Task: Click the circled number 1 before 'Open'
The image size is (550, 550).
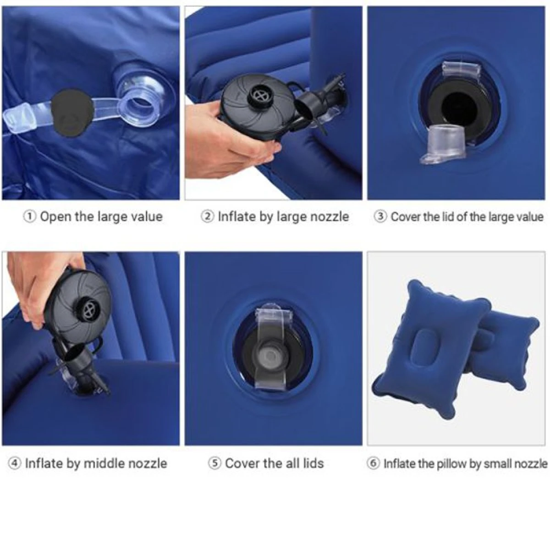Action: point(30,217)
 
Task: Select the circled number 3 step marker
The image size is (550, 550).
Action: point(380,217)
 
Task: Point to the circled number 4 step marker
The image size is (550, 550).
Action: point(14,463)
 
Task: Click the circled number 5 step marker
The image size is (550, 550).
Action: point(214,463)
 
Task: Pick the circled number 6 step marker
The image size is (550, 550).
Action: point(373,463)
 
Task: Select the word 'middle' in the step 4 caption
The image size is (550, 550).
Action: point(104,463)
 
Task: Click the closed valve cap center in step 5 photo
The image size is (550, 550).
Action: point(272,356)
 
